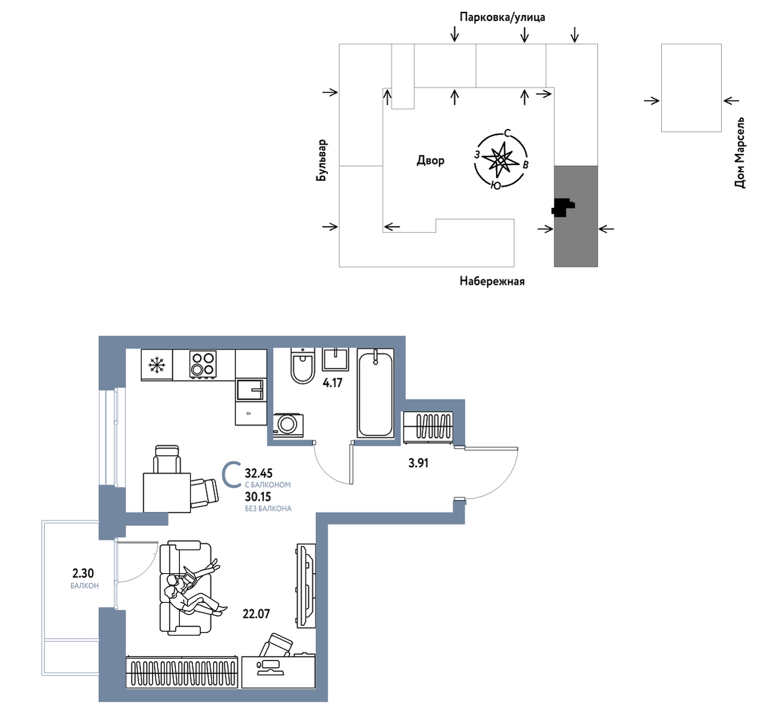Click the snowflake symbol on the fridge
point(157,365)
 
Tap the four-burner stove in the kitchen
point(203,364)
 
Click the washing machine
point(288,425)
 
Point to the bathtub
point(375,393)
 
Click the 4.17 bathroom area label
point(333,383)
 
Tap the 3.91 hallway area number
point(418,463)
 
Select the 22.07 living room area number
point(256,614)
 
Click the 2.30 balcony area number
point(83,573)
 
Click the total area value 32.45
point(259,473)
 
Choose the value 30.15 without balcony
point(258,497)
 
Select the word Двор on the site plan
point(430,161)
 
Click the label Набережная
point(492,281)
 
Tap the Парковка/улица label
point(502,17)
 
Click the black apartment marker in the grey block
point(563,207)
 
